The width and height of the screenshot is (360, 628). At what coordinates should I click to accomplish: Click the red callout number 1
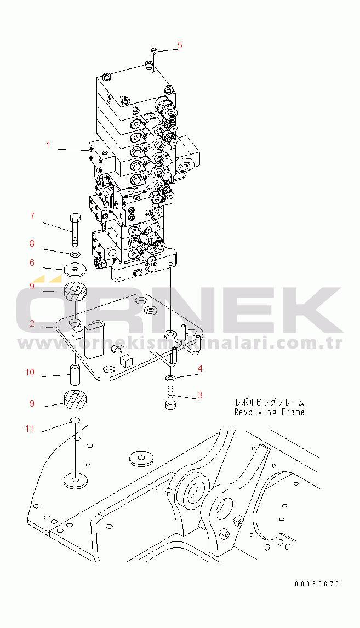(x=48, y=145)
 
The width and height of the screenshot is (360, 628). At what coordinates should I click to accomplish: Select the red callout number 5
(x=180, y=45)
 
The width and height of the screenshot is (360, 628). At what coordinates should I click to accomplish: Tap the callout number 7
(x=32, y=216)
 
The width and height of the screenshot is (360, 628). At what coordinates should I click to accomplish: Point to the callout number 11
(x=29, y=429)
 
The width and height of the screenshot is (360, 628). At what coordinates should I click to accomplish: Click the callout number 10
(x=30, y=373)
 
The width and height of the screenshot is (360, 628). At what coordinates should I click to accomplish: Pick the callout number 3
(x=200, y=395)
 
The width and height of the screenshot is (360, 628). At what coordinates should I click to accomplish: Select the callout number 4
(x=200, y=368)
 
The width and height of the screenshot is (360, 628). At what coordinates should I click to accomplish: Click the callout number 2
(x=32, y=323)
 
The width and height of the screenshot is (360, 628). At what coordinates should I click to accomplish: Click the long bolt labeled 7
(x=75, y=230)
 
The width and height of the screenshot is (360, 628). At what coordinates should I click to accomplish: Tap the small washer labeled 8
(x=75, y=254)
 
